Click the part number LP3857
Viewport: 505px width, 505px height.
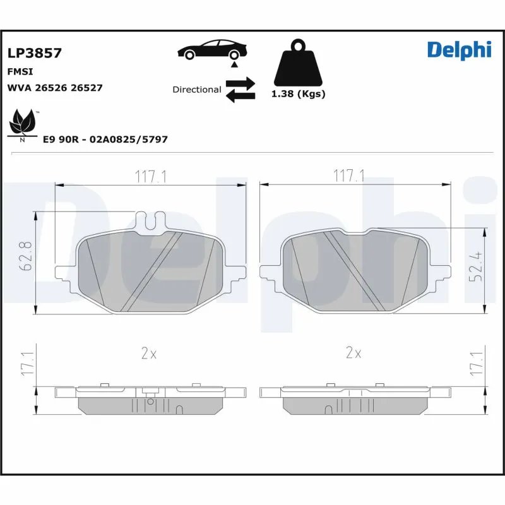34,53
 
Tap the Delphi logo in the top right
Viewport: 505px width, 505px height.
458,49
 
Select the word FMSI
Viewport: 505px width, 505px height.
20,72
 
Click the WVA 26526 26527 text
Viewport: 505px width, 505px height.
54,88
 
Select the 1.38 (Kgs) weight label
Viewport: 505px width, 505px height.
298,94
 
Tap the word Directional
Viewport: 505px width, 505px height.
197,90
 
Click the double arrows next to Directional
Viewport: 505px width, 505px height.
240,89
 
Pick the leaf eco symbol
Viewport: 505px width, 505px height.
23,122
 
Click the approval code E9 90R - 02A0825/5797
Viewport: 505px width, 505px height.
105,139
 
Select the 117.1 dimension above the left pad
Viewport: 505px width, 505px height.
150,177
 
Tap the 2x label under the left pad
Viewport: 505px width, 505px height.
148,354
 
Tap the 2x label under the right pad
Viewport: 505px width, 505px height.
353,354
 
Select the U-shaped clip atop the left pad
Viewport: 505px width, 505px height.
151,221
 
